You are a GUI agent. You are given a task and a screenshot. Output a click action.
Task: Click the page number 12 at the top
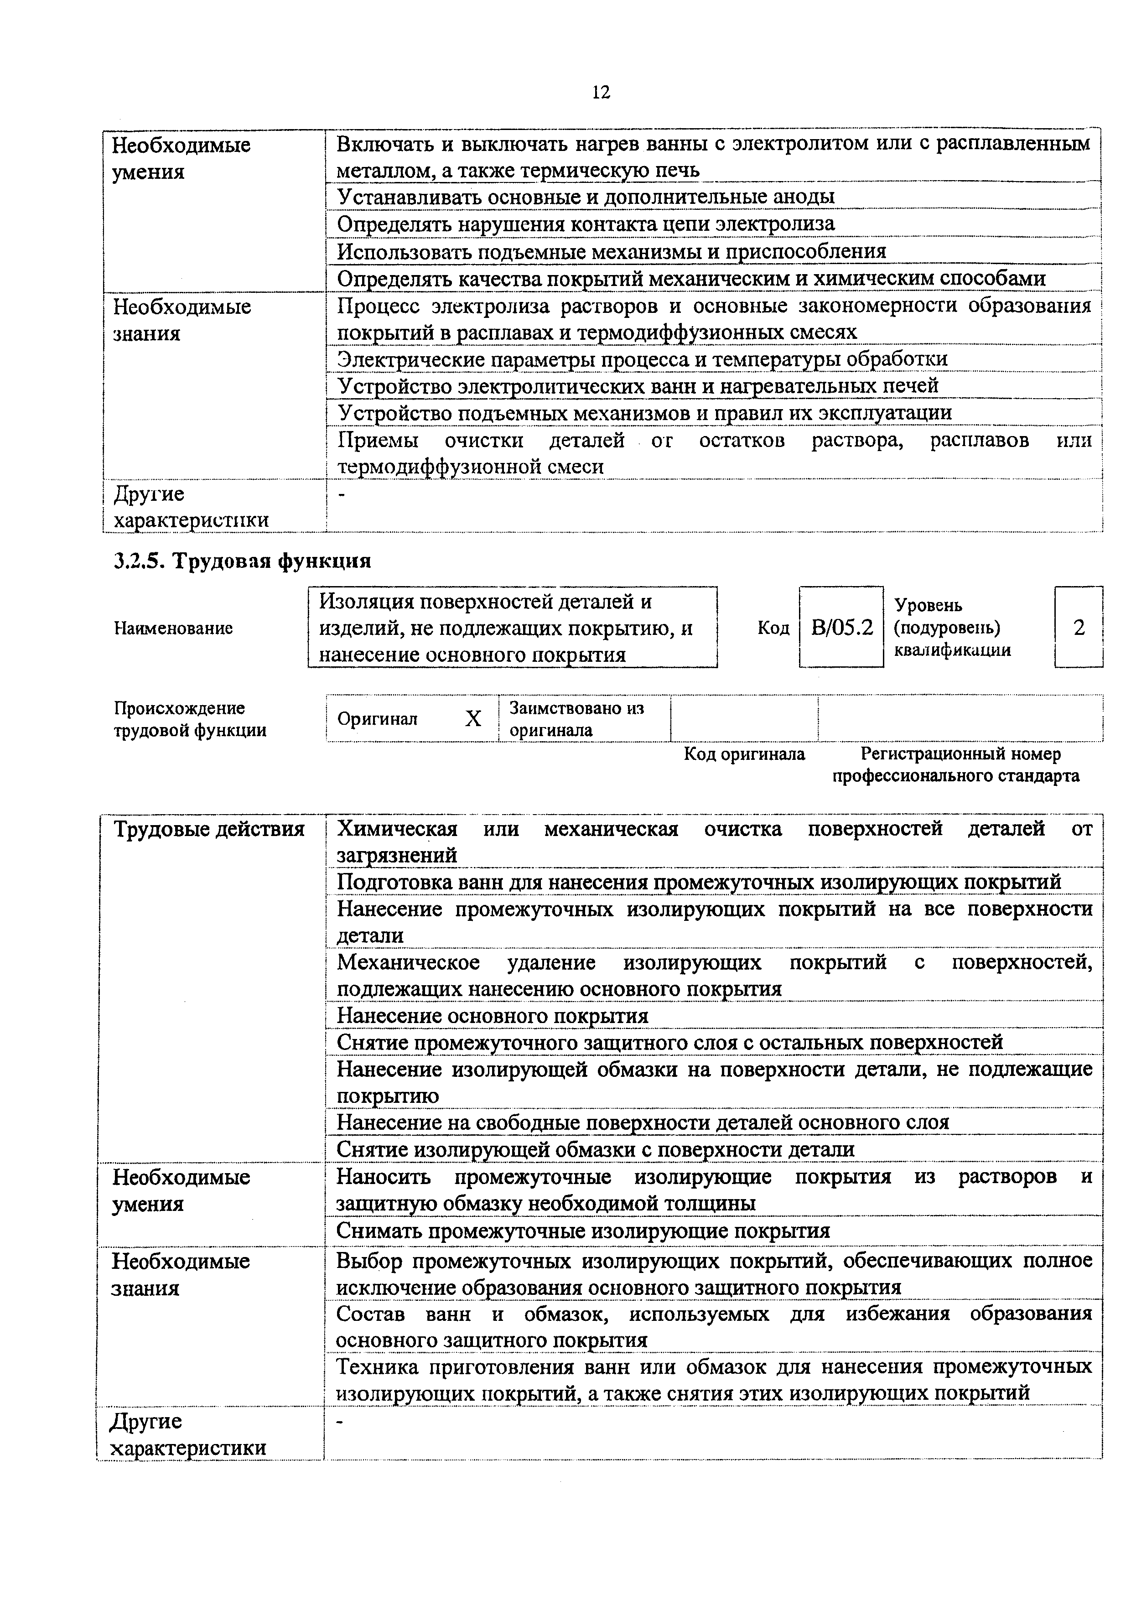(600, 92)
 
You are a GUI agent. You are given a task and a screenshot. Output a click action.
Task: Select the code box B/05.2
(841, 627)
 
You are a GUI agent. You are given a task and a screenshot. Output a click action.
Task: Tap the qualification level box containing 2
(1078, 627)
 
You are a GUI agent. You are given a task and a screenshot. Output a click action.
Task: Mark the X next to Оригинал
(473, 718)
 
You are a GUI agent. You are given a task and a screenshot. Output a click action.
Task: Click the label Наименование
(173, 628)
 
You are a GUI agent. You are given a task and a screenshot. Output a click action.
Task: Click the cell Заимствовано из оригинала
(576, 718)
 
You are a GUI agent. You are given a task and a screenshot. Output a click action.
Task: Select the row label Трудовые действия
(209, 829)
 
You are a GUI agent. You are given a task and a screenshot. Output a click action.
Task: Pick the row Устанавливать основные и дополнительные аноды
(586, 197)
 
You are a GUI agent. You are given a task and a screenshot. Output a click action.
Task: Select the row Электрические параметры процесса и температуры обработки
(642, 359)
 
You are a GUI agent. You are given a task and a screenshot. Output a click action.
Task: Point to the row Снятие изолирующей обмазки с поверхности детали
(595, 1148)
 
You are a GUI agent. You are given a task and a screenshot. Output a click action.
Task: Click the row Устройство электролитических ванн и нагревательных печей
(638, 385)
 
